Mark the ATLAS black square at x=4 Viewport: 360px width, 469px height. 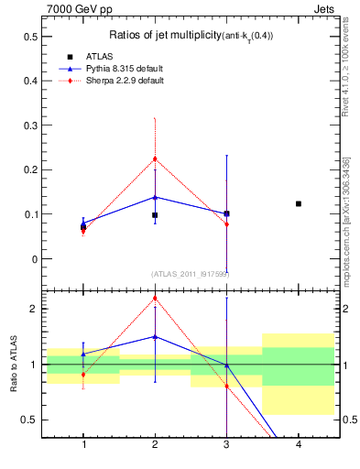pyautogui.click(x=299, y=203)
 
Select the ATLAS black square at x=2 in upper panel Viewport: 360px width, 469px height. pyautogui.click(x=155, y=215)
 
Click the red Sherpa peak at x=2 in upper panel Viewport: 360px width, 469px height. pyautogui.click(x=155, y=158)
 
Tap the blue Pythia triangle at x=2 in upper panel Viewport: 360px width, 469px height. pyautogui.click(x=155, y=197)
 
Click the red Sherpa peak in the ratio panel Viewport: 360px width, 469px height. pyautogui.click(x=155, y=298)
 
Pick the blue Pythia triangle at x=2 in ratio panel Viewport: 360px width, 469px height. pyautogui.click(x=155, y=336)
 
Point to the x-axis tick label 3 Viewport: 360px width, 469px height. pyautogui.click(x=226, y=445)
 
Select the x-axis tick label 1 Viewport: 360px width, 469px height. pyautogui.click(x=83, y=445)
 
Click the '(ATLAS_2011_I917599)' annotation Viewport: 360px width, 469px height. pyautogui.click(x=191, y=274)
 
